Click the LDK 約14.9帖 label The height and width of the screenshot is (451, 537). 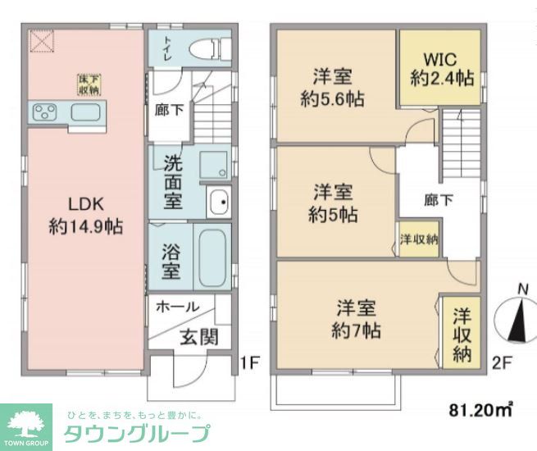point(85,215)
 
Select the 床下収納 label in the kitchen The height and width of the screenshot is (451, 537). point(89,84)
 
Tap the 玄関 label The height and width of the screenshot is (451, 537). point(198,335)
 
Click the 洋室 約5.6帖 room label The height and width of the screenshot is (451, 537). point(332,88)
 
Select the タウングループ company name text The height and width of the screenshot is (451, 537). point(135,433)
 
